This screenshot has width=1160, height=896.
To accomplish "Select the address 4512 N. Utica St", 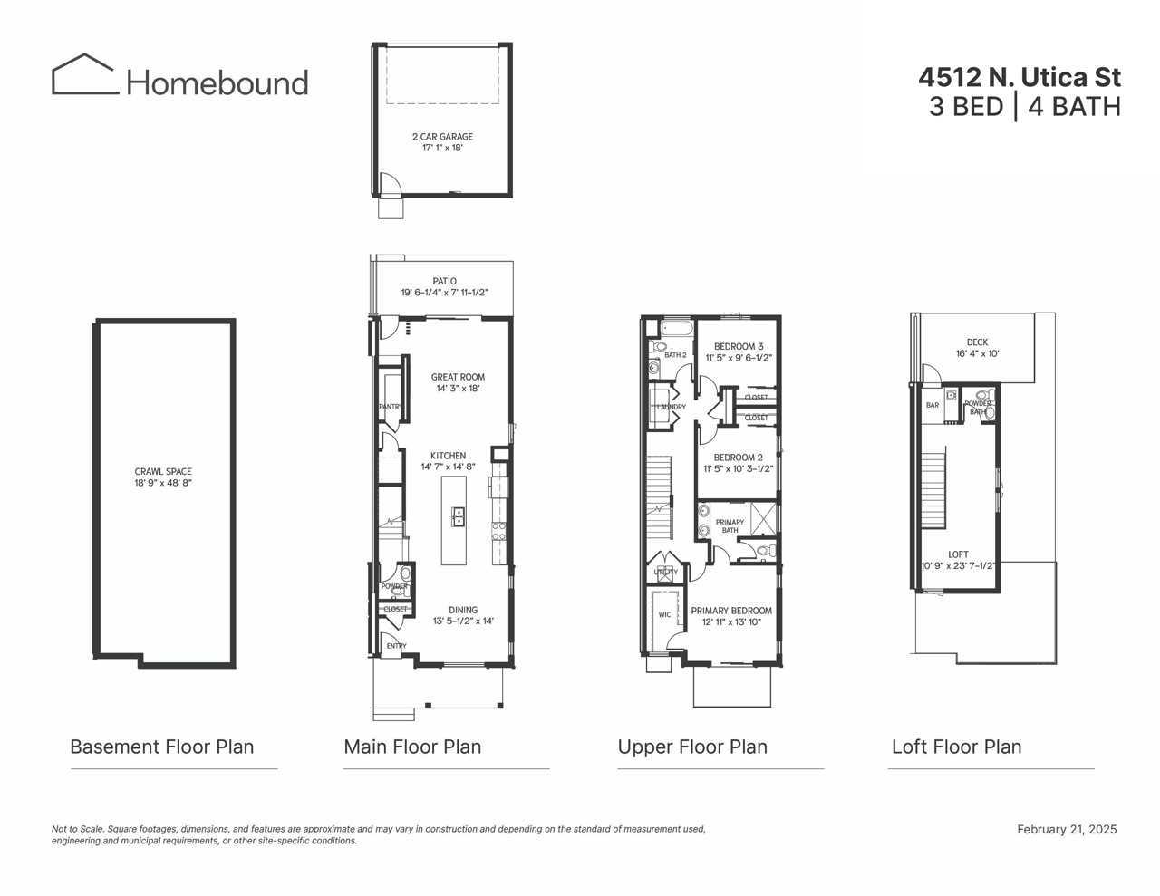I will pos(1020,77).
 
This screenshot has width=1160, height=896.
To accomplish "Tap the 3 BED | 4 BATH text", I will pos(1024,107).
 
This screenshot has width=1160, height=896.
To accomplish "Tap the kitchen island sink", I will pos(459,517).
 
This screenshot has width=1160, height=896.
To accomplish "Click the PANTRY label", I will pos(390,407).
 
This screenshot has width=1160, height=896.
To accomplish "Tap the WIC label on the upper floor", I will pos(664,615).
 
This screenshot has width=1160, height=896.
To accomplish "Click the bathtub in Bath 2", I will pos(675,328).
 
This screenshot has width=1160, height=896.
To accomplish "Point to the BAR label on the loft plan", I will pos(933,406).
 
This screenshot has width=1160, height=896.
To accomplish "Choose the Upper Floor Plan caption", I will pos(692,747).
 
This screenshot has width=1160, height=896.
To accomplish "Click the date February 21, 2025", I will pos(1067,829).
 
